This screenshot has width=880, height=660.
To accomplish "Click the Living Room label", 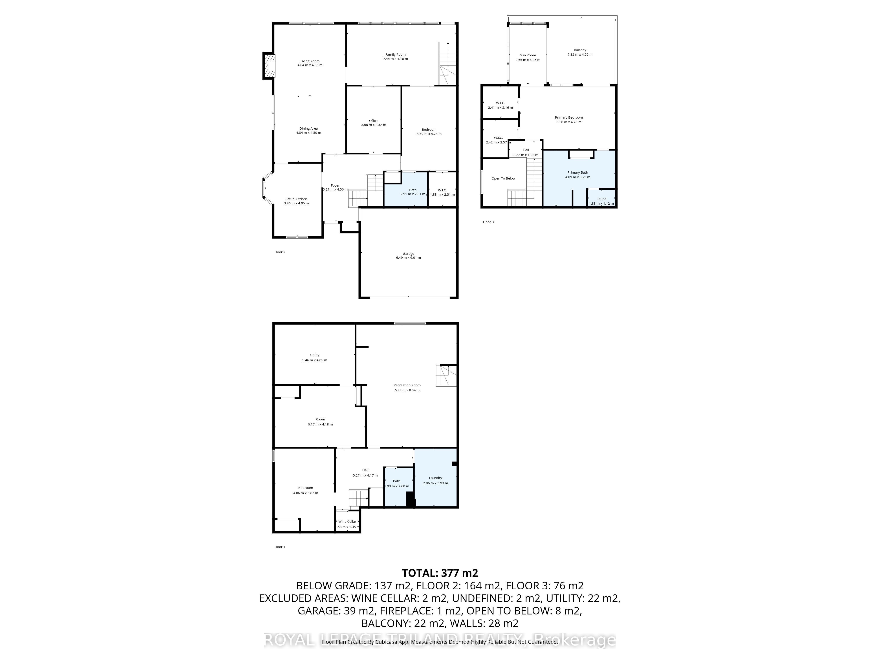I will coord(310,61).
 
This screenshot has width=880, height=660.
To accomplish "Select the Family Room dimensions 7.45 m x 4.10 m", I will coord(395,59).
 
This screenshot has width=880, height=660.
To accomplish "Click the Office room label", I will coord(373,121).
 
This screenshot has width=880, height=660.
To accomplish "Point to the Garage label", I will coord(408,253).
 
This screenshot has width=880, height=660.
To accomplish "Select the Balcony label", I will coord(580,50).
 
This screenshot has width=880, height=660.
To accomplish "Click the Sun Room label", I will coord(528,55).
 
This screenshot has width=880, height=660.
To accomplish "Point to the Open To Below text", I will coord(503,178).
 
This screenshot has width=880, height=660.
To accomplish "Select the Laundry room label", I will coord(435,478).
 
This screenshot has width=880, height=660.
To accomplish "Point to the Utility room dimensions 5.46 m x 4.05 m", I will coord(314,360).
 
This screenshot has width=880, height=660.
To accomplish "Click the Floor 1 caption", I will coord(280,547).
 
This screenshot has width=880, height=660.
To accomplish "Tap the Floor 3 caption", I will coord(488,222).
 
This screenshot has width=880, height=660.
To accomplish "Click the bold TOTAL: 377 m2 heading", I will coord(440,573).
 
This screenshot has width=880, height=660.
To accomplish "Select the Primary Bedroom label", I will coord(568,117).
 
